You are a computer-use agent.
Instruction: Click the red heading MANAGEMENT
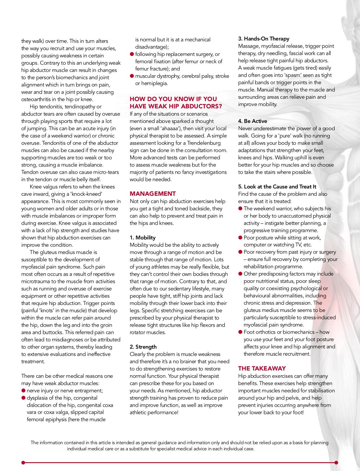pos(153,194)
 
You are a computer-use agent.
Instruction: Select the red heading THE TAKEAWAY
pos(262,368)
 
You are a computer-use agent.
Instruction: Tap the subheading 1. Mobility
pos(143,238)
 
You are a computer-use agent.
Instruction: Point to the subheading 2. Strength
pos(143,347)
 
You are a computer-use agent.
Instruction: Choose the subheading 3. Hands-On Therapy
pos(264,39)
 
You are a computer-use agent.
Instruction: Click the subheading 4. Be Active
pos(252,121)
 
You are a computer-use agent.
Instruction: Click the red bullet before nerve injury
pos(23,391)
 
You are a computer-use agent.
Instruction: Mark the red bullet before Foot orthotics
pos(240,332)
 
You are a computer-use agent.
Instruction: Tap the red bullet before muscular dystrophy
pos(132,76)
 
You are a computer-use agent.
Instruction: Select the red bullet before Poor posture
pos(240,238)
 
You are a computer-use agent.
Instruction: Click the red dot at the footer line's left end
pos(23,463)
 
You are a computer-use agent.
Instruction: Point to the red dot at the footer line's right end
pos(336,463)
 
